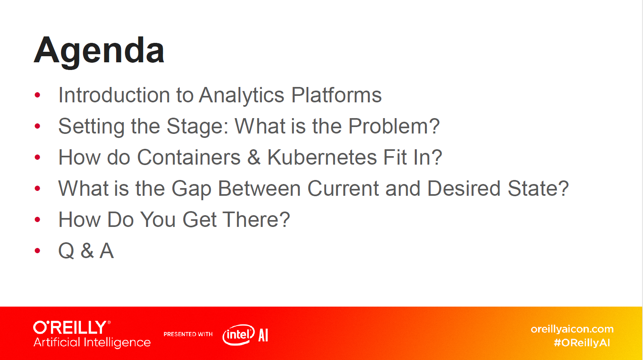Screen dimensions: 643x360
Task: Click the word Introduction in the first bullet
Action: [x=114, y=95]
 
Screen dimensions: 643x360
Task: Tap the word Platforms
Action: [x=336, y=95]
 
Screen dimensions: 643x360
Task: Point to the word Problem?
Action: [x=394, y=126]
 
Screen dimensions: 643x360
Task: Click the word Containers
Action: [x=189, y=157]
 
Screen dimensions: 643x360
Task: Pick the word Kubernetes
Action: [x=322, y=157]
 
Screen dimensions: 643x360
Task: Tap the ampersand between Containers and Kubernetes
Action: [x=254, y=157]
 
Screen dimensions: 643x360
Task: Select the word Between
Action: [x=259, y=188]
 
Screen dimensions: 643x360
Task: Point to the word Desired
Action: [x=464, y=188]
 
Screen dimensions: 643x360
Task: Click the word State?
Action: [x=538, y=188]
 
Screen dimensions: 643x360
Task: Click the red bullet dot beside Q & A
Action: [x=37, y=251]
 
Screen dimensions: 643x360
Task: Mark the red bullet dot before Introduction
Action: [x=37, y=95]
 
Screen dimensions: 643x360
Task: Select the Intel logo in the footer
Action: [x=238, y=335]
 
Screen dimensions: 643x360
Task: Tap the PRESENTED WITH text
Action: [x=188, y=334]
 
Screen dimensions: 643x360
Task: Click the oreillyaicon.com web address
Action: [x=572, y=329]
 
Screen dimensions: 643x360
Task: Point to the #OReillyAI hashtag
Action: [x=582, y=343]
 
